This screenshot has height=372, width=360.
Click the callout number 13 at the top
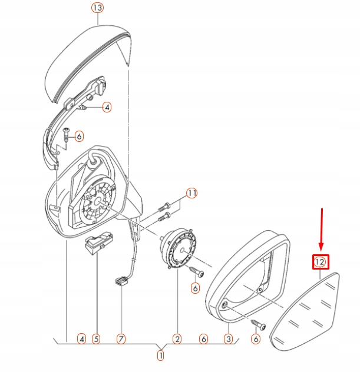tap(97, 8)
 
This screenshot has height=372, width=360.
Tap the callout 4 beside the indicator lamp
tap(107, 108)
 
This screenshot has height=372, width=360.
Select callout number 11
tap(191, 193)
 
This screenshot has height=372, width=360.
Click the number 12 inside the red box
tap(320, 262)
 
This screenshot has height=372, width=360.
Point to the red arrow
tap(322, 229)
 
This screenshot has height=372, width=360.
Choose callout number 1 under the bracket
tap(160, 356)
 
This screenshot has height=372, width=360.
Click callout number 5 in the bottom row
tap(96, 339)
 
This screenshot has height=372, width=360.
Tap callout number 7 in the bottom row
tap(121, 339)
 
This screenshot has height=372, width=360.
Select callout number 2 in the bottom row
tap(177, 339)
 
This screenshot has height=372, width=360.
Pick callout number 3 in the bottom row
tap(228, 339)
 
